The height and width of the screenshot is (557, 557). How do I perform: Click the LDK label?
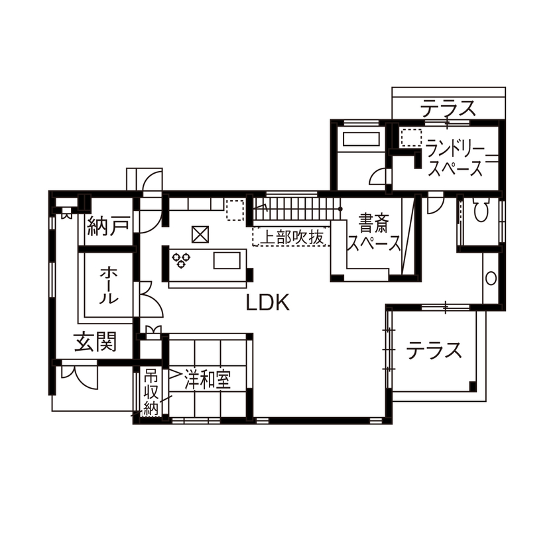(x=268, y=304)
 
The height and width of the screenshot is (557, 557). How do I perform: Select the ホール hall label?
(x=109, y=285)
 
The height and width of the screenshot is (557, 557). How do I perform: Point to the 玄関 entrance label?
(x=95, y=343)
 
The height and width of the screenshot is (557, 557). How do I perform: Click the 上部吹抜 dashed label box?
(x=290, y=237)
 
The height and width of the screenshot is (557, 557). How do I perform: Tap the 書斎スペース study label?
(x=375, y=232)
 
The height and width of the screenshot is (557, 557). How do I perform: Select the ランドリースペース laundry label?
(x=456, y=158)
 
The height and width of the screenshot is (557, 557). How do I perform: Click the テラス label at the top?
(x=449, y=107)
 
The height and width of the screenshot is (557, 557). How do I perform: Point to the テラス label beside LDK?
(x=434, y=349)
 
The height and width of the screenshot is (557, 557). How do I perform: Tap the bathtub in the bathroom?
(x=360, y=140)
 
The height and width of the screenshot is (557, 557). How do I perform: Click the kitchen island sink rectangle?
(x=225, y=260)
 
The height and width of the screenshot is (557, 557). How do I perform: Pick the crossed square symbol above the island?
(x=200, y=234)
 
